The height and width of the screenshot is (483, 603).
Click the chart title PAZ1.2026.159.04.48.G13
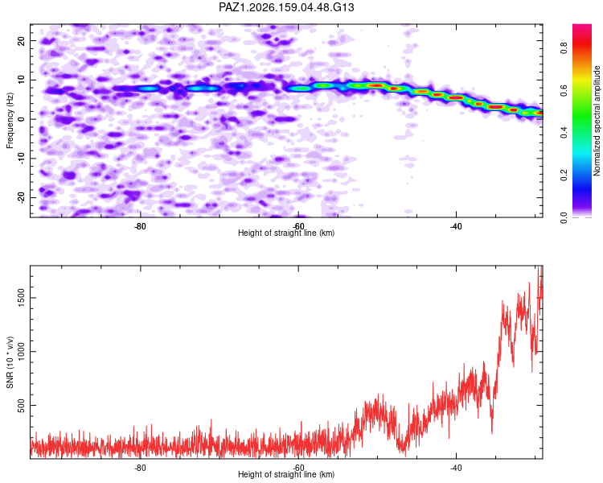pyautogui.click(x=286, y=7)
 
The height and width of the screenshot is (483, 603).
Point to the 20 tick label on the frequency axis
pyautogui.click(x=21, y=40)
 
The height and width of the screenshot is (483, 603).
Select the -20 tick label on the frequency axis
pyautogui.click(x=21, y=197)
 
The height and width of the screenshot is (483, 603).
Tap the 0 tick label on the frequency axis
pyautogui.click(x=21, y=119)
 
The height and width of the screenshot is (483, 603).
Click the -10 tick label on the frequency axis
pyautogui.click(x=21, y=159)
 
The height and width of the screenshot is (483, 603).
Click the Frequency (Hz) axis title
pyautogui.click(x=10, y=121)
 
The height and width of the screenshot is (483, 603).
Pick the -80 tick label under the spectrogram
pyautogui.click(x=141, y=226)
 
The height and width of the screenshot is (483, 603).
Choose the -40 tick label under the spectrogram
pyautogui.click(x=456, y=226)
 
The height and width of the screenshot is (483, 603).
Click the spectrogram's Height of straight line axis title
pyautogui.click(x=286, y=233)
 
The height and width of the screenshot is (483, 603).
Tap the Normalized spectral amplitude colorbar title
pyautogui.click(x=597, y=121)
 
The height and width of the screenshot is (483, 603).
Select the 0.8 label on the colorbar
pyautogui.click(x=564, y=48)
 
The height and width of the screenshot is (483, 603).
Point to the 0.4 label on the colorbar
pyautogui.click(x=564, y=133)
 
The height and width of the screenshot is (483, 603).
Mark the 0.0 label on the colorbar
pyautogui.click(x=564, y=217)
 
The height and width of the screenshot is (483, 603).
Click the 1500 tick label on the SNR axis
pyautogui.click(x=21, y=298)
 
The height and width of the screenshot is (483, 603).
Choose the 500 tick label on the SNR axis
pyautogui.click(x=21, y=405)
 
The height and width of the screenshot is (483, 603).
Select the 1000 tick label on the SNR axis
pyautogui.click(x=21, y=352)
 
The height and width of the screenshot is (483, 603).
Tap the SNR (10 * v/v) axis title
pyautogui.click(x=10, y=362)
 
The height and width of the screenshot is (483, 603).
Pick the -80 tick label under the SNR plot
pyautogui.click(x=141, y=468)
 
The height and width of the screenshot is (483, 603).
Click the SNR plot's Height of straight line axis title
pyautogui.click(x=286, y=474)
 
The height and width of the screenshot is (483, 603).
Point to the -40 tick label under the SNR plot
pyautogui.click(x=456, y=468)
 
